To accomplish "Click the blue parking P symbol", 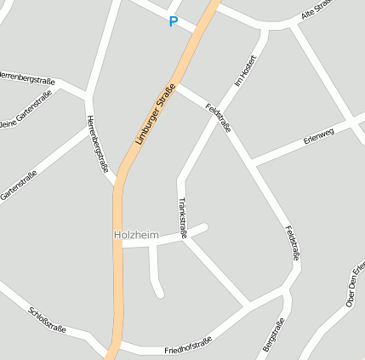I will pyautogui.click(x=174, y=22).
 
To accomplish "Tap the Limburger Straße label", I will pyautogui.click(x=155, y=113).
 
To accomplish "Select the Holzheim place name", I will pyautogui.click(x=136, y=233).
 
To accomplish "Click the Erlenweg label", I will pyautogui.click(x=319, y=136).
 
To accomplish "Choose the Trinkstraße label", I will pyautogui.click(x=182, y=216).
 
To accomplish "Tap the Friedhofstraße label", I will pyautogui.click(x=188, y=346).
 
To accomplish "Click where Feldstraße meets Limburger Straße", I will pyautogui.click(x=177, y=85).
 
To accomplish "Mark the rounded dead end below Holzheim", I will pyautogui.click(x=158, y=293).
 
